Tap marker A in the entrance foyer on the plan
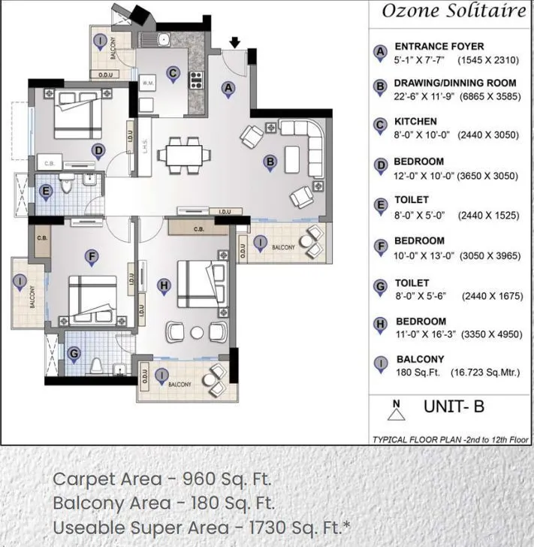[x=228, y=88]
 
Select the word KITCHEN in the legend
[x=415, y=122]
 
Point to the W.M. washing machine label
[x=148, y=83]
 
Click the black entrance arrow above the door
[x=235, y=43]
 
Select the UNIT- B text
[x=454, y=407]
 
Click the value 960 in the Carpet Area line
[x=199, y=479]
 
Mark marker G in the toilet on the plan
[x=74, y=352]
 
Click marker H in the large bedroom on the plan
[x=164, y=285]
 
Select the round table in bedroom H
[x=197, y=332]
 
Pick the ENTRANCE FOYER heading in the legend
[x=439, y=47]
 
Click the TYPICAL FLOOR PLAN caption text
[x=451, y=439]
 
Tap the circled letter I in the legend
[x=381, y=365]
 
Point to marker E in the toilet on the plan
[x=46, y=192]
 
